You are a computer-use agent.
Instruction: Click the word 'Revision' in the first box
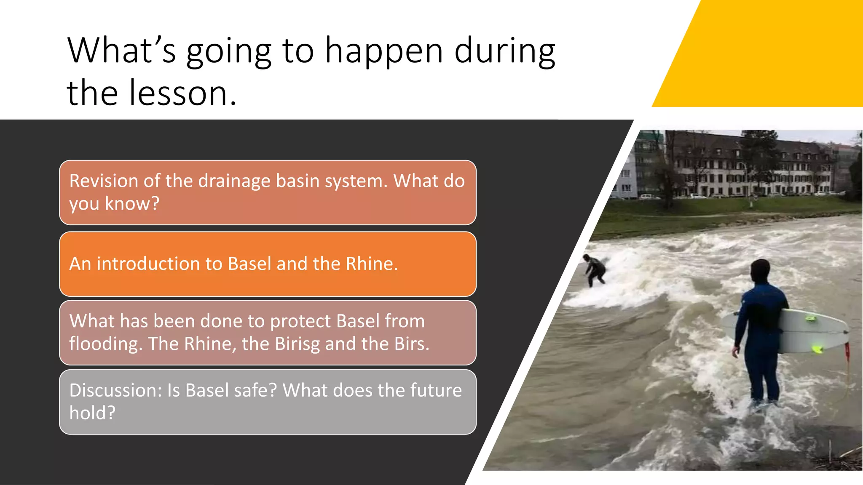tap(104, 181)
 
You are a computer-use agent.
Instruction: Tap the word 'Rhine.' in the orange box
tap(372, 264)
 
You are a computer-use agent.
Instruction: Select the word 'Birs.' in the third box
tap(412, 344)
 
